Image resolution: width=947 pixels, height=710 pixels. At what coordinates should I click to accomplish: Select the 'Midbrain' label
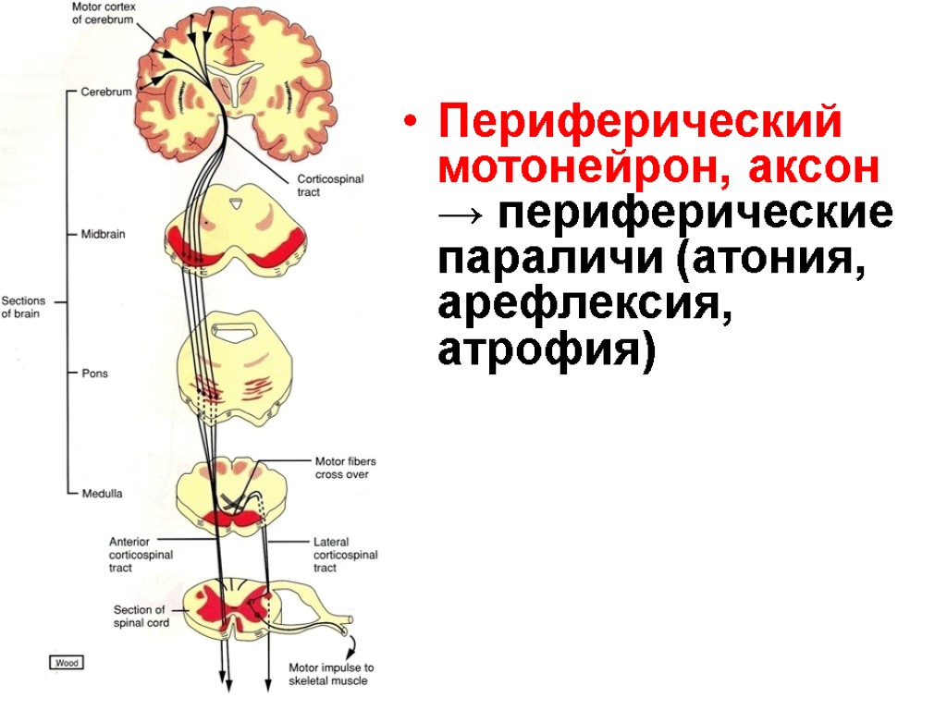[103, 235]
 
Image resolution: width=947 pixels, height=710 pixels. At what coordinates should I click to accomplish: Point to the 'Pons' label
[94, 373]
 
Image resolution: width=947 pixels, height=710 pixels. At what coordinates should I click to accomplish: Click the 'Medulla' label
[101, 494]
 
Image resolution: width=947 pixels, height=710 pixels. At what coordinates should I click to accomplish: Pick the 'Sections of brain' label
[22, 307]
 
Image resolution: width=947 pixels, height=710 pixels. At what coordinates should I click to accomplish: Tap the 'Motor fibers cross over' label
[345, 468]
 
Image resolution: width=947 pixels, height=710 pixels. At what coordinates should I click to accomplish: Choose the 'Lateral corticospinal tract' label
[345, 555]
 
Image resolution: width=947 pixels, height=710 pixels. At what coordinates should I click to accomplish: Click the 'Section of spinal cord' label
[139, 616]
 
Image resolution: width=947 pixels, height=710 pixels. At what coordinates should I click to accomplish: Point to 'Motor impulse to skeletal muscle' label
[331, 674]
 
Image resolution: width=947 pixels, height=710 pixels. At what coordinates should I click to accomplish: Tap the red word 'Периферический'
[640, 123]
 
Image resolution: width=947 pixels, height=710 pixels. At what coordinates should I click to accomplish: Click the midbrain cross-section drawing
[237, 232]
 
